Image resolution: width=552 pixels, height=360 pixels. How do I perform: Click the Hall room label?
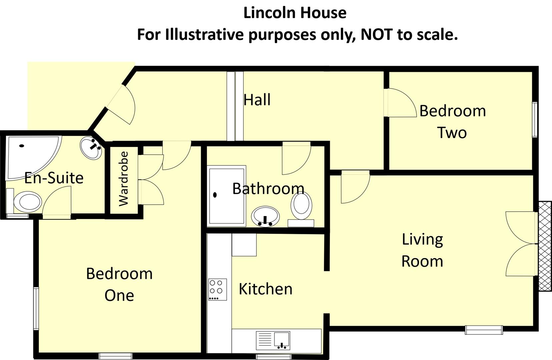257,100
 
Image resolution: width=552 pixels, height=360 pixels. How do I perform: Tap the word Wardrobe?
124,179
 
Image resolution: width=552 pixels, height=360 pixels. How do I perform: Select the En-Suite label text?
54,178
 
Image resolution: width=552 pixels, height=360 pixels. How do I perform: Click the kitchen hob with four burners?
217,289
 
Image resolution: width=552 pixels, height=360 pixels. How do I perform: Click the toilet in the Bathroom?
302,206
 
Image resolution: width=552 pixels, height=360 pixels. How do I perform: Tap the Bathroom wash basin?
265,216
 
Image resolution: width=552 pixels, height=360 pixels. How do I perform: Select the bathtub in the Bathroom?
227,196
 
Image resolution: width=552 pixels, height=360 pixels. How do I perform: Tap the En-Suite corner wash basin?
91,149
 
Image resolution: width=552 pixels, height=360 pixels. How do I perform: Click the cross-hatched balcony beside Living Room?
545,246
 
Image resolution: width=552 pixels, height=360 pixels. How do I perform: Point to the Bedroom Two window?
535,119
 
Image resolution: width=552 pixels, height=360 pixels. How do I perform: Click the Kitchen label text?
265,289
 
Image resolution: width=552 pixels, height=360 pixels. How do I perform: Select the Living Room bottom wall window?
484,330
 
